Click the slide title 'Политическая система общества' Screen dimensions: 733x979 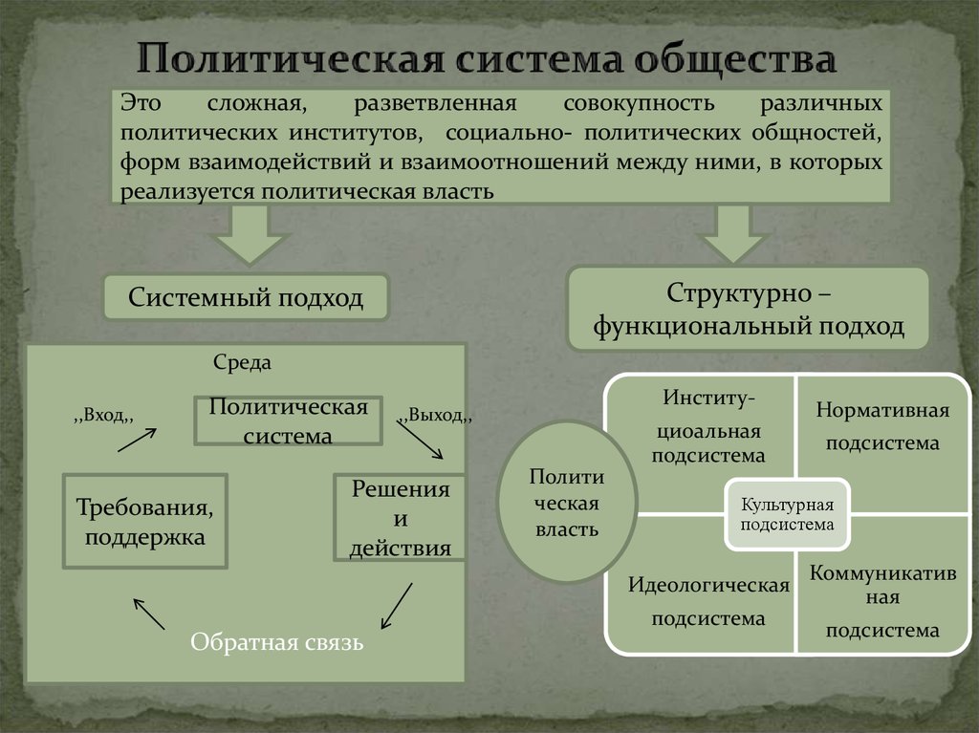(x=488, y=59)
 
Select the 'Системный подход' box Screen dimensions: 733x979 (x=246, y=297)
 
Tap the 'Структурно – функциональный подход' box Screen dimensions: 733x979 (x=748, y=308)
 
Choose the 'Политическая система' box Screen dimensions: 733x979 (x=288, y=420)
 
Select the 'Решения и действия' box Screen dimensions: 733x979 (x=400, y=518)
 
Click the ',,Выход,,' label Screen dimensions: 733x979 (x=434, y=416)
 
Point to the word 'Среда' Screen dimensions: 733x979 (x=242, y=363)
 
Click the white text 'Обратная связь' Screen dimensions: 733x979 (x=276, y=641)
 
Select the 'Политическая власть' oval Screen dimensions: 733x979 (x=567, y=503)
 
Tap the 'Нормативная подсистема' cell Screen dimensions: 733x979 (x=881, y=426)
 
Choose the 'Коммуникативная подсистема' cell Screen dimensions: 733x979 (x=881, y=600)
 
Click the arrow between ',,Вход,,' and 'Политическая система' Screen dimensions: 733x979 (x=137, y=441)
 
